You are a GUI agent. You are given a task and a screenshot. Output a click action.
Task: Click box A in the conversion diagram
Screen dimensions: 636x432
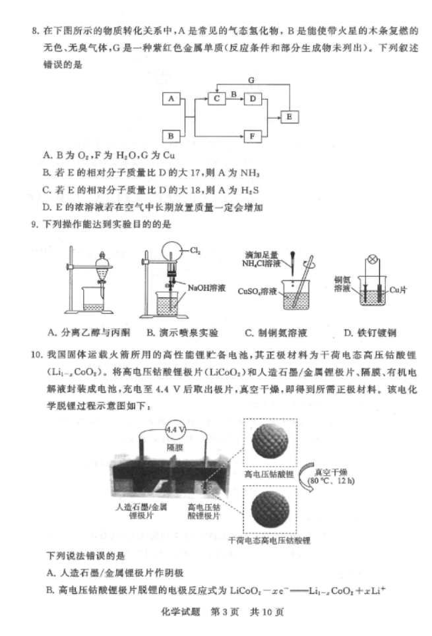(171, 98)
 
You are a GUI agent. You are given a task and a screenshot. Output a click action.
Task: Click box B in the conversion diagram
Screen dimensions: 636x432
(171, 136)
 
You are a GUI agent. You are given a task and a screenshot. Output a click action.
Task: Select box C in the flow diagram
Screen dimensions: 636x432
(216, 98)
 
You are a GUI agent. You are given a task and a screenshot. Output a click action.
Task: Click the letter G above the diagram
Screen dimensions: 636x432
(251, 80)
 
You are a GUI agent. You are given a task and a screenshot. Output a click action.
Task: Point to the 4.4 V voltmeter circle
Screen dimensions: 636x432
(175, 430)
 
